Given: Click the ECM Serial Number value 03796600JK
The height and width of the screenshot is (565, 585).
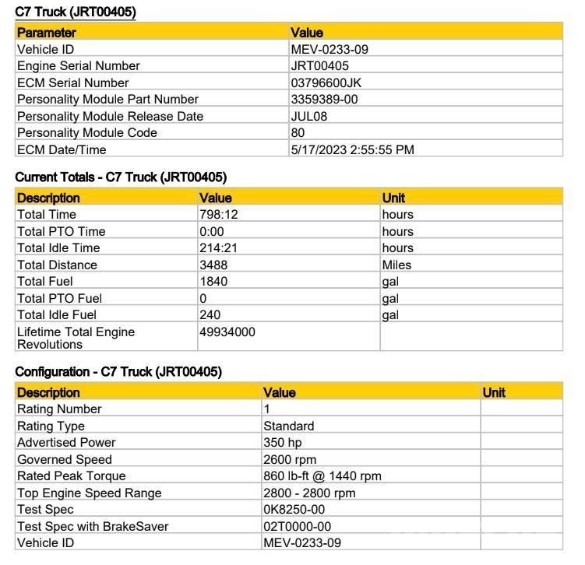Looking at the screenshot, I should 326,82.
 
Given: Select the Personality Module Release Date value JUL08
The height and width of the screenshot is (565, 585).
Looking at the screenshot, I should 309,116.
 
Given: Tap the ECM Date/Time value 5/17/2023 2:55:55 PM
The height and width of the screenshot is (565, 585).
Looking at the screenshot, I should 352,149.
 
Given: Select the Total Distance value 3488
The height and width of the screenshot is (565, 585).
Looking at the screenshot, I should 214,265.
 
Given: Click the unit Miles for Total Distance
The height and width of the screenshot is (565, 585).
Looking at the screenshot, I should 396,265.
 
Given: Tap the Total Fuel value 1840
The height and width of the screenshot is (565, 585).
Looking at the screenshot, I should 213,282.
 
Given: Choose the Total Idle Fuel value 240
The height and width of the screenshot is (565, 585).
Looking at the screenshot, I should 210,315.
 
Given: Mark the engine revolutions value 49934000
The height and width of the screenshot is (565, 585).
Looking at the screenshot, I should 227,332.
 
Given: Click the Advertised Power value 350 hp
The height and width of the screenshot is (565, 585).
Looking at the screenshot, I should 282,443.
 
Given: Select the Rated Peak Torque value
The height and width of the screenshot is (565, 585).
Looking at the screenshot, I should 322,476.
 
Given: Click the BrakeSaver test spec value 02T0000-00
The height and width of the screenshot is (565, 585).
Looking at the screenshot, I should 298,527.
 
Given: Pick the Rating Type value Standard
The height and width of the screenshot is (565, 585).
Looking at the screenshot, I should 289,426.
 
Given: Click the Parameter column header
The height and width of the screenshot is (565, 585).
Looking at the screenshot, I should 47,33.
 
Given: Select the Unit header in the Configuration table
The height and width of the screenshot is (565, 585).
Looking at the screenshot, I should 494,393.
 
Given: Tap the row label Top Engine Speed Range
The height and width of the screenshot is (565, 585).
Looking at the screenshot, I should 90,493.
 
